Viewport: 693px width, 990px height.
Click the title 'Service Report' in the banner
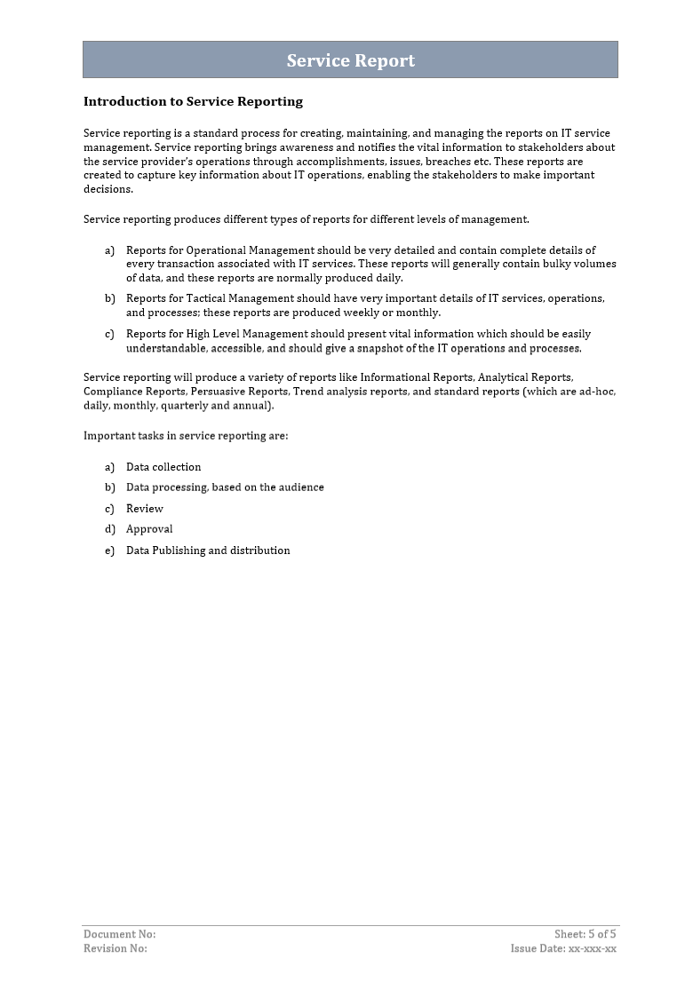pos(350,60)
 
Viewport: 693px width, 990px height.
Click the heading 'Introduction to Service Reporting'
pos(193,101)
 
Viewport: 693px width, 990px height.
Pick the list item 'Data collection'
pos(163,467)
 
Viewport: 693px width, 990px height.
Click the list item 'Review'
pos(145,509)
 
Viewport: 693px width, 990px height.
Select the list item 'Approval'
pos(149,529)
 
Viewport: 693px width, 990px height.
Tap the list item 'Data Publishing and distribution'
pos(208,550)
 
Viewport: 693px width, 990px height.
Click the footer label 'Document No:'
pos(119,934)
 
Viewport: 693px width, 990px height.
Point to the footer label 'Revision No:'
pos(115,948)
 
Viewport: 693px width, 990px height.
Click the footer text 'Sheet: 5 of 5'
pos(585,934)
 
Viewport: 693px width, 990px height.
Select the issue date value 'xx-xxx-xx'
pos(592,948)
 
